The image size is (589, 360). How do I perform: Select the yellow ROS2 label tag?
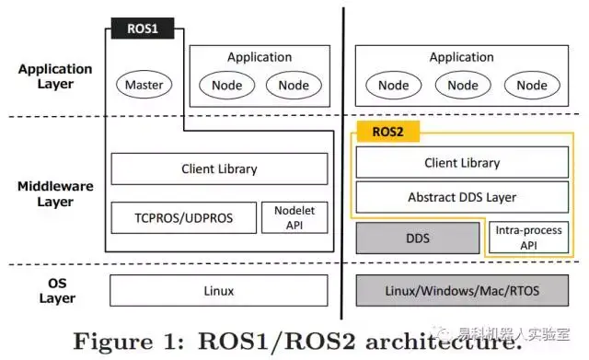pyautogui.click(x=387, y=132)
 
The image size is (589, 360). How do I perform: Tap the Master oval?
pyautogui.click(x=144, y=86)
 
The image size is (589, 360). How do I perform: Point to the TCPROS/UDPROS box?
pyautogui.click(x=183, y=217)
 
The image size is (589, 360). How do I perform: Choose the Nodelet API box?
pyautogui.click(x=294, y=217)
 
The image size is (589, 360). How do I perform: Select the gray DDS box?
pyautogui.click(x=417, y=238)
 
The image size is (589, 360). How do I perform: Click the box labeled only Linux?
pyautogui.click(x=219, y=291)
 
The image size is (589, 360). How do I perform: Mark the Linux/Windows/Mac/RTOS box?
pyautogui.click(x=462, y=291)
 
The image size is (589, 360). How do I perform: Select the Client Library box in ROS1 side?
pyautogui.click(x=219, y=169)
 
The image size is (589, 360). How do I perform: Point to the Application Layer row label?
pyautogui.click(x=55, y=76)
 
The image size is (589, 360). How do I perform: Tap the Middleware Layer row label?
pyautogui.click(x=56, y=193)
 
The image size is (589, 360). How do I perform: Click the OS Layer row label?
pyautogui.click(x=56, y=291)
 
